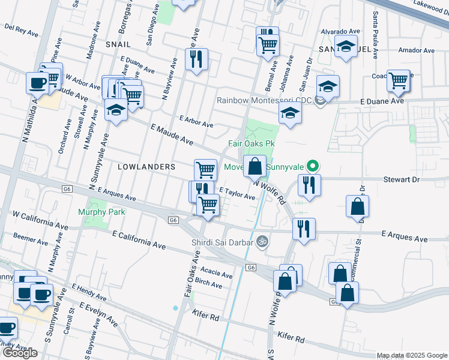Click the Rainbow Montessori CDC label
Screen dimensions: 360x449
(x=265, y=100)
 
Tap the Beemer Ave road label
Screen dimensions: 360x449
(x=26, y=238)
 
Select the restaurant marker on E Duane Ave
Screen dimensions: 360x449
(x=196, y=59)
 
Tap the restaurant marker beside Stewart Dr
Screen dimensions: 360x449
(x=309, y=184)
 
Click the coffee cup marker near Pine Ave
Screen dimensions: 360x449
(x=37, y=82)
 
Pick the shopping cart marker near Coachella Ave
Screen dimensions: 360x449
(x=399, y=80)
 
